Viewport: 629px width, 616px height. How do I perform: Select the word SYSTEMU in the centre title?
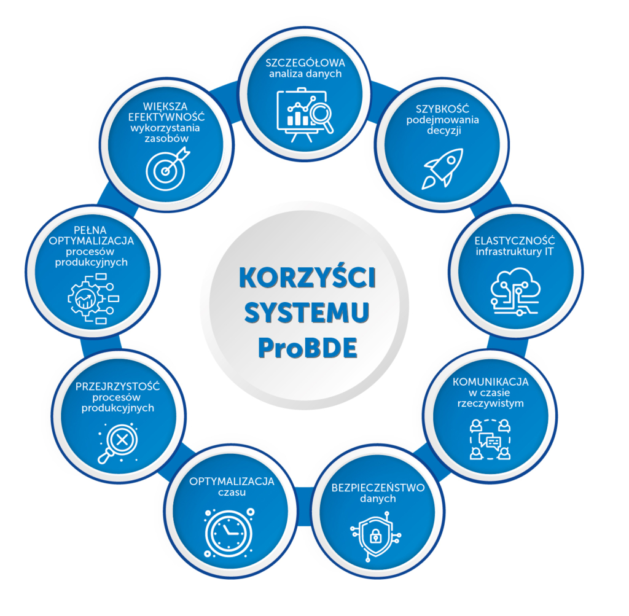[307, 314]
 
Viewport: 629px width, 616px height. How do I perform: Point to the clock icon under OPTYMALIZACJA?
[229, 532]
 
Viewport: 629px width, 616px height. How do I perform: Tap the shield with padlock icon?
[375, 539]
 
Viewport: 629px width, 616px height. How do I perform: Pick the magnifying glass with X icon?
[117, 442]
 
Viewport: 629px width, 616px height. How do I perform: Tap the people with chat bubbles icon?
[490, 439]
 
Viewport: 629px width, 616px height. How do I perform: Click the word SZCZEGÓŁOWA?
[305, 63]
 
